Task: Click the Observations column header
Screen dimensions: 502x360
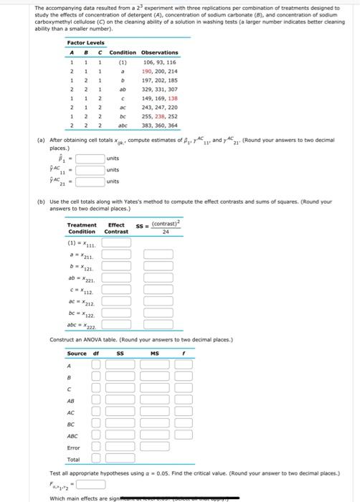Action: point(159,52)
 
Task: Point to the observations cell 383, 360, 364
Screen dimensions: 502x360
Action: point(160,124)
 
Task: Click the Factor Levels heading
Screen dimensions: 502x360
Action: point(85,43)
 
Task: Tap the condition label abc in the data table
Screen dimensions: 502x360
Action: point(123,124)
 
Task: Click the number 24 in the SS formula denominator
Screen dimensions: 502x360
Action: point(165,232)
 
